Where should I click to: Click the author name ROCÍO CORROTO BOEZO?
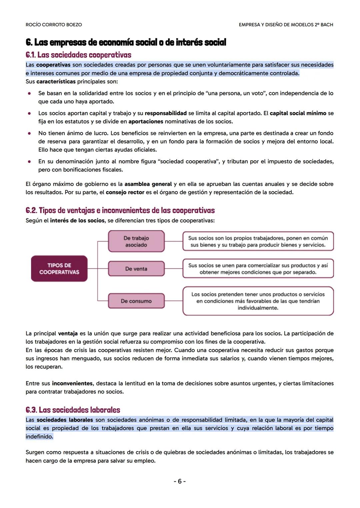[x=54, y=25]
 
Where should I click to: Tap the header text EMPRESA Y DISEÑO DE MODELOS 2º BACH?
[x=286, y=25]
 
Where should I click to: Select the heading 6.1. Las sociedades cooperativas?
[x=78, y=55]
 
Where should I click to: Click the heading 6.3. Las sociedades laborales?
[x=73, y=410]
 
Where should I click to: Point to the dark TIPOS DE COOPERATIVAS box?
[x=59, y=268]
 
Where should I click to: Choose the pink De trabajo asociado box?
[x=136, y=242]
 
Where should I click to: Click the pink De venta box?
[x=136, y=269]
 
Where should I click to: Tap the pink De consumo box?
[x=136, y=301]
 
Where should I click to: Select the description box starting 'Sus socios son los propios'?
[x=258, y=242]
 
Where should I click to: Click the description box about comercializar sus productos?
[x=258, y=269]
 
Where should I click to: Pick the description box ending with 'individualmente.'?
[x=258, y=301]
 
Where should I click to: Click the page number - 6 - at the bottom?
[x=180, y=481]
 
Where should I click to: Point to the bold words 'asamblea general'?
[x=148, y=184]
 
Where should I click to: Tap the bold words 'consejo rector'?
[x=125, y=192]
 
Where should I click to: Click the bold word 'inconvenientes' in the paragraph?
[x=72, y=383]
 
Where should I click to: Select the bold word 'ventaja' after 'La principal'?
[x=68, y=333]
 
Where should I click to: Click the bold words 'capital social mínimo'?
[x=298, y=113]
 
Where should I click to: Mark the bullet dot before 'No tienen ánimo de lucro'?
[x=29, y=133]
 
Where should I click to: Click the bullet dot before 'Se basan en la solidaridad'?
[x=29, y=93]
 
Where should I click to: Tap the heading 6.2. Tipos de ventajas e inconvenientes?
[x=120, y=211]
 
